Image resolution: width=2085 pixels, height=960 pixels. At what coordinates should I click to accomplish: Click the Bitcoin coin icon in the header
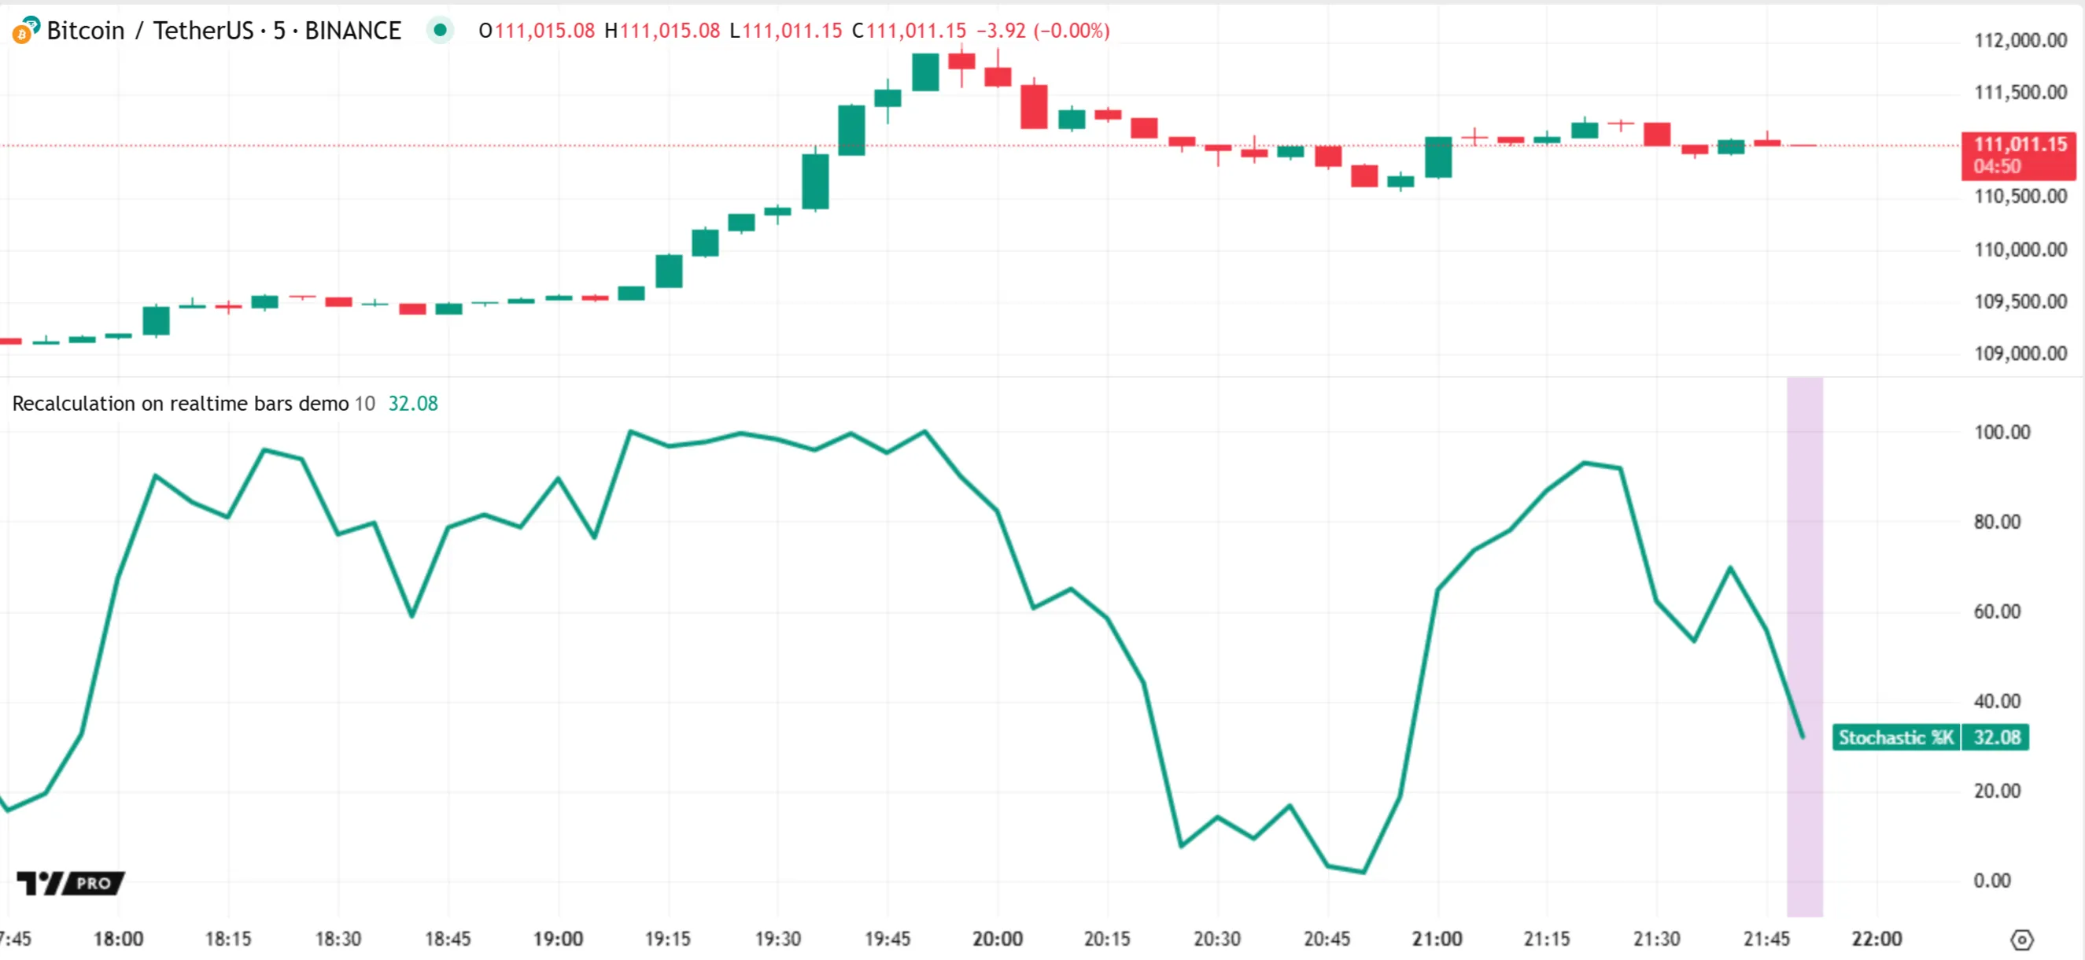[24, 31]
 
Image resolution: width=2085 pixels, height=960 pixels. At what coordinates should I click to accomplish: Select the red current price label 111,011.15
[2020, 145]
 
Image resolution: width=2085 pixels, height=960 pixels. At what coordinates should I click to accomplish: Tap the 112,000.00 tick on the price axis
[2020, 40]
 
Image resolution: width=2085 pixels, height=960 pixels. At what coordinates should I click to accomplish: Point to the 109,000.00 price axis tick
[2020, 354]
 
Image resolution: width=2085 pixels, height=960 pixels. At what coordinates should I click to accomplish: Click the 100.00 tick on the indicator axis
[2001, 432]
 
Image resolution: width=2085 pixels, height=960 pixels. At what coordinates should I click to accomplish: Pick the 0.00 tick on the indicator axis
[1991, 881]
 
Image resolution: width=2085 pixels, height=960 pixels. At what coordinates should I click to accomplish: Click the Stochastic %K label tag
[1895, 737]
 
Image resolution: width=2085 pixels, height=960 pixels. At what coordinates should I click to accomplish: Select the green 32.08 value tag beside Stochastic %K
[1996, 737]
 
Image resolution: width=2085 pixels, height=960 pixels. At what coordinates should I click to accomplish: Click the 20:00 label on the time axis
[997, 939]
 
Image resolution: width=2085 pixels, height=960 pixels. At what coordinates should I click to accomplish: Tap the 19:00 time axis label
[558, 939]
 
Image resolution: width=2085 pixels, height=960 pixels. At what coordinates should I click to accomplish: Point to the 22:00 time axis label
[1876, 939]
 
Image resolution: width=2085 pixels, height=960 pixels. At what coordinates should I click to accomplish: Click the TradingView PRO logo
[70, 882]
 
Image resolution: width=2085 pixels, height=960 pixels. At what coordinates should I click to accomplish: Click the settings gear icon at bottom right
[2021, 940]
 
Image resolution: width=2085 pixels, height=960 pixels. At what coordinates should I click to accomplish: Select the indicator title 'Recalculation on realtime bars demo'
[179, 404]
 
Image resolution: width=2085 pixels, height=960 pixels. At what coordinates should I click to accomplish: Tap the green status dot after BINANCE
[440, 31]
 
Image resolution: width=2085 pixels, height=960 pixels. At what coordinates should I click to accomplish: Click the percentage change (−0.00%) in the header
[1071, 31]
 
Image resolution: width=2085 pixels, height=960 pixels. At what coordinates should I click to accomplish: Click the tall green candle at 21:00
[1437, 157]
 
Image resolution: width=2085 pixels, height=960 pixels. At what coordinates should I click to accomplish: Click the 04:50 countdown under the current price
[1997, 167]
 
